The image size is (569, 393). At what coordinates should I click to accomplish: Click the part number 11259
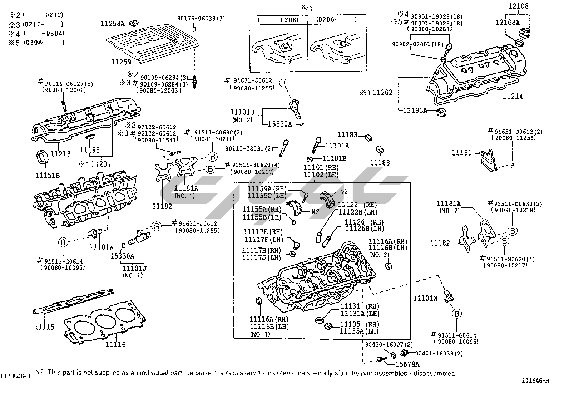tap(121, 62)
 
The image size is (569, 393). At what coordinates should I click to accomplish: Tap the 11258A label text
tap(112, 24)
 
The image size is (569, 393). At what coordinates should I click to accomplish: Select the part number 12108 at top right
tap(519, 6)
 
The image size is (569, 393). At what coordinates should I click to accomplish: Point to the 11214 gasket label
tap(513, 96)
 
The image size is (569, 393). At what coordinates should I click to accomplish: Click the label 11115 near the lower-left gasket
tap(44, 327)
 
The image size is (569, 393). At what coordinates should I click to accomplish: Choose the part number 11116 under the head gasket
tap(115, 344)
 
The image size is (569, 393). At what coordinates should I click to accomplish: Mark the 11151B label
tap(47, 175)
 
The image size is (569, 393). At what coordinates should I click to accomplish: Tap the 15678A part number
tap(407, 364)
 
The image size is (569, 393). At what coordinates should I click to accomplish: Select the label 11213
tap(60, 154)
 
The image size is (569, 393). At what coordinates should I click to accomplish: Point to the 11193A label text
tap(415, 110)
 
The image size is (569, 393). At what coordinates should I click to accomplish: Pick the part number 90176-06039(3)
tap(201, 18)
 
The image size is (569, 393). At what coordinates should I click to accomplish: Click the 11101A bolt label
tap(337, 146)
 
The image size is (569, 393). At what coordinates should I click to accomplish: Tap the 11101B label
tap(334, 158)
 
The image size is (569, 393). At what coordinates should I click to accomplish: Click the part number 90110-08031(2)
tap(249, 148)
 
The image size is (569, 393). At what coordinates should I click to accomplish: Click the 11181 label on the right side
tap(462, 153)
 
